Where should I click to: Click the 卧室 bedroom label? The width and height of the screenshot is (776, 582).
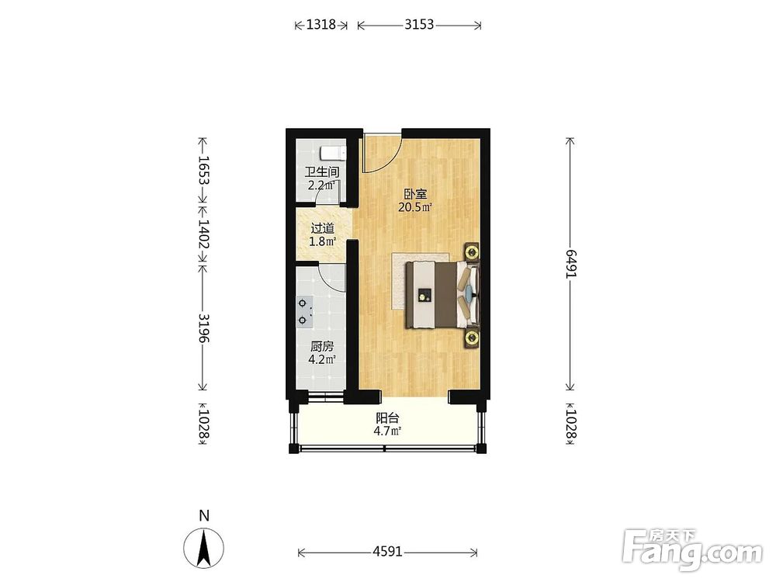click(x=415, y=195)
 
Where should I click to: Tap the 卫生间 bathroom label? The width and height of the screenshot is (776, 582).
click(x=322, y=172)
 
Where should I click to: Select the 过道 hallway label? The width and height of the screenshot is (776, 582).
click(x=322, y=229)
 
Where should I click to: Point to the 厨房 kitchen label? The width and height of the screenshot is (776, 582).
click(x=322, y=346)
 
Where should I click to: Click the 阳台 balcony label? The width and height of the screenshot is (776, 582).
click(x=387, y=418)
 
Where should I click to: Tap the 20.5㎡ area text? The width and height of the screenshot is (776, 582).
click(x=415, y=207)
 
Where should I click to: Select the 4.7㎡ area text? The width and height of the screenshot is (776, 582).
click(x=387, y=431)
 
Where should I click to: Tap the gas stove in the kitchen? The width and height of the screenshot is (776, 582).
click(x=305, y=312)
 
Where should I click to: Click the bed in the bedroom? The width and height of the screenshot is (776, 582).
click(x=443, y=295)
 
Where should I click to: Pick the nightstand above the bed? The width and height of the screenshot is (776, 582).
click(x=472, y=252)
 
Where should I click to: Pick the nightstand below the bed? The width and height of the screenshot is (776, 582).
click(x=472, y=338)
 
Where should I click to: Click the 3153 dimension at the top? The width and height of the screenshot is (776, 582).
click(x=419, y=24)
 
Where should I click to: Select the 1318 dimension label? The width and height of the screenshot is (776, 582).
click(x=321, y=24)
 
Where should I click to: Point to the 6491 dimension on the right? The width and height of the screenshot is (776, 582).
click(x=572, y=264)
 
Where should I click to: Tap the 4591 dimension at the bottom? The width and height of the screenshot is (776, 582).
click(x=387, y=551)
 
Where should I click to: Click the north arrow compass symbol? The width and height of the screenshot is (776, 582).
click(x=204, y=547)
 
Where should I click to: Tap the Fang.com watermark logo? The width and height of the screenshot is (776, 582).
click(x=692, y=551)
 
